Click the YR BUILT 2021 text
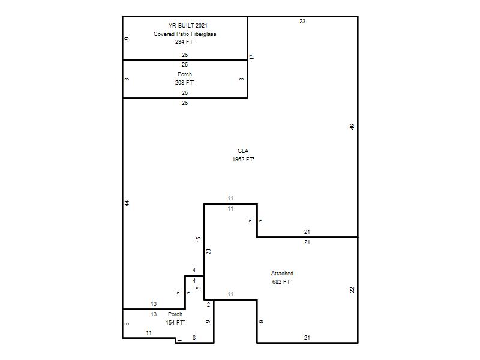pos(188,26)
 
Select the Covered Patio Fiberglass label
pos(185,34)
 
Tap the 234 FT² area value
pos(185,42)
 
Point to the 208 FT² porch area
pos(185,83)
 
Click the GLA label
pos(243,151)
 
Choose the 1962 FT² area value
pos(244,160)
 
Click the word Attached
pos(282,274)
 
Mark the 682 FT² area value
pos(282,282)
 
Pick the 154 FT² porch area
pos(175,323)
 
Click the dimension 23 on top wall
pos(302,22)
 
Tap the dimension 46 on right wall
pos(352,127)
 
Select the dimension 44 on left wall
pos(127,203)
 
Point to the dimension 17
pos(251,57)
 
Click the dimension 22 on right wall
pos(352,290)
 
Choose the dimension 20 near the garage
pos(208,251)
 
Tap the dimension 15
pos(199,239)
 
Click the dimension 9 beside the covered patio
pos(127,38)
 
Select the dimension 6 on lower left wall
pos(127,324)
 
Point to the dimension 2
pos(209,305)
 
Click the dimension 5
pos(199,288)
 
